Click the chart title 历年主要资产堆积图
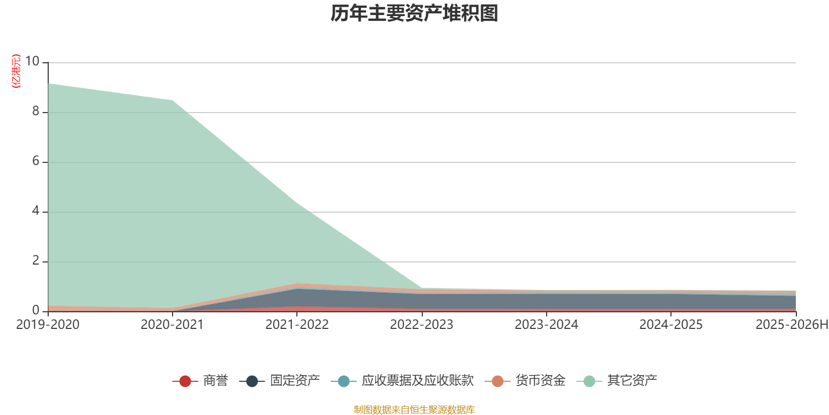414,13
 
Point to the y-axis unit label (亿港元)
16,71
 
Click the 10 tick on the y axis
32,61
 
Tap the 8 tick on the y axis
36,111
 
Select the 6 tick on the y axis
36,161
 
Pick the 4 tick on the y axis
36,211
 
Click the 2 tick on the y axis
36,260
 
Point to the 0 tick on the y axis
36,310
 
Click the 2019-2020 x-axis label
48,325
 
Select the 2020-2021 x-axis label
172,325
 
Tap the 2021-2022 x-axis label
297,325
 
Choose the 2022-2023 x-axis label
421,325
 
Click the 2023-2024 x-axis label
546,325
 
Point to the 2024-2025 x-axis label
670,325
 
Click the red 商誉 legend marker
185,381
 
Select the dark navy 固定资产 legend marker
252,381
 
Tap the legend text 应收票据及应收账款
417,381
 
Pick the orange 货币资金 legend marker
497,381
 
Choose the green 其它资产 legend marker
589,381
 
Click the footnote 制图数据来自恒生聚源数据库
414,410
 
